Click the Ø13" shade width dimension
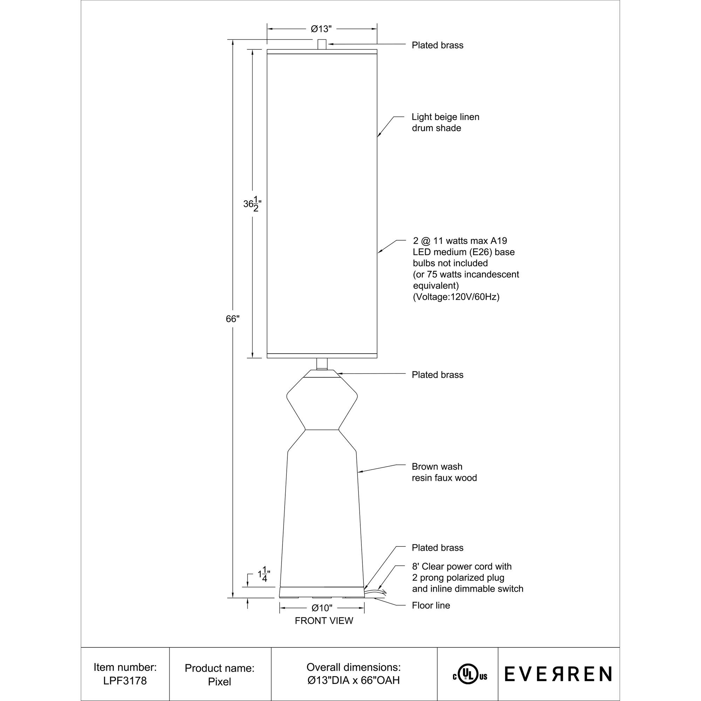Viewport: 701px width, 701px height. point(321,29)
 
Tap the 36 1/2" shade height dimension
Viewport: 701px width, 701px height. point(252,204)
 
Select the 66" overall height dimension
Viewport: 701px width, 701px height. point(233,319)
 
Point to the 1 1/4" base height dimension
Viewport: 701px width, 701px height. point(264,574)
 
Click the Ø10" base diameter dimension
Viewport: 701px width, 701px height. point(322,608)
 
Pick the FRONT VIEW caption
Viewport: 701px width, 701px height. point(324,621)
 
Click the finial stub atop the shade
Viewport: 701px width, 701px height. point(322,44)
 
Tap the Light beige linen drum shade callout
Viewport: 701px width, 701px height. point(445,122)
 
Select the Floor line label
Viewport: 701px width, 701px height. point(431,605)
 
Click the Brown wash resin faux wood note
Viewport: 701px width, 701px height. point(444,472)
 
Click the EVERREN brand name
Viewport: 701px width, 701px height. point(558,674)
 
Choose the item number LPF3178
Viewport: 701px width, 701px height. point(125,681)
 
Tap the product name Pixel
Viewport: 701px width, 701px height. point(219,681)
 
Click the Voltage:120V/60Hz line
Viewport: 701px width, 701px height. point(456,297)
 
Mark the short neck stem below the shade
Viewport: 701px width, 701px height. point(322,363)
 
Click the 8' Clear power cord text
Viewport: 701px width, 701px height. point(462,566)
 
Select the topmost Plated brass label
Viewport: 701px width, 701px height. point(437,45)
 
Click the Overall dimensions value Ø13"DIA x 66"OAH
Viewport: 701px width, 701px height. point(353,680)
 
